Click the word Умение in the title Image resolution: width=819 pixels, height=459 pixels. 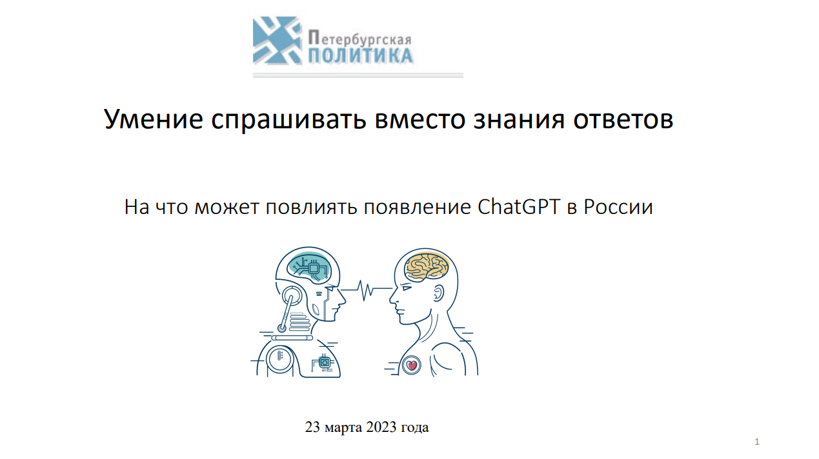click(x=154, y=119)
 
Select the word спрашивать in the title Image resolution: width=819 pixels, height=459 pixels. click(x=289, y=121)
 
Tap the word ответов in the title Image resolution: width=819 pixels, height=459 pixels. click(x=623, y=120)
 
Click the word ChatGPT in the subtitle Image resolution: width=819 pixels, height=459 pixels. click(x=519, y=207)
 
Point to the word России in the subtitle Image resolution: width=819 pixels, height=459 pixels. click(x=618, y=208)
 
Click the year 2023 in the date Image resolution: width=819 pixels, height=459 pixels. click(x=381, y=427)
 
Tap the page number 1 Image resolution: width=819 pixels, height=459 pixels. click(x=757, y=442)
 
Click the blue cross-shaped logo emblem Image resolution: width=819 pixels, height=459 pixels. click(x=277, y=41)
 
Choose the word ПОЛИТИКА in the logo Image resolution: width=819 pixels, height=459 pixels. click(x=361, y=56)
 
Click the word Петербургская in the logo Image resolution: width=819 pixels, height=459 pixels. click(x=359, y=38)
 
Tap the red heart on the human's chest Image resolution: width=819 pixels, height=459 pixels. click(x=412, y=365)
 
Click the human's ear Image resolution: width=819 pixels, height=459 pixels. click(x=438, y=293)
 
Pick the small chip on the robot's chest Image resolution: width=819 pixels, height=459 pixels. click(x=324, y=362)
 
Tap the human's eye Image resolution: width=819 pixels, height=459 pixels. click(x=406, y=288)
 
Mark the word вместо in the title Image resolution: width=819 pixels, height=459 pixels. click(x=420, y=120)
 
